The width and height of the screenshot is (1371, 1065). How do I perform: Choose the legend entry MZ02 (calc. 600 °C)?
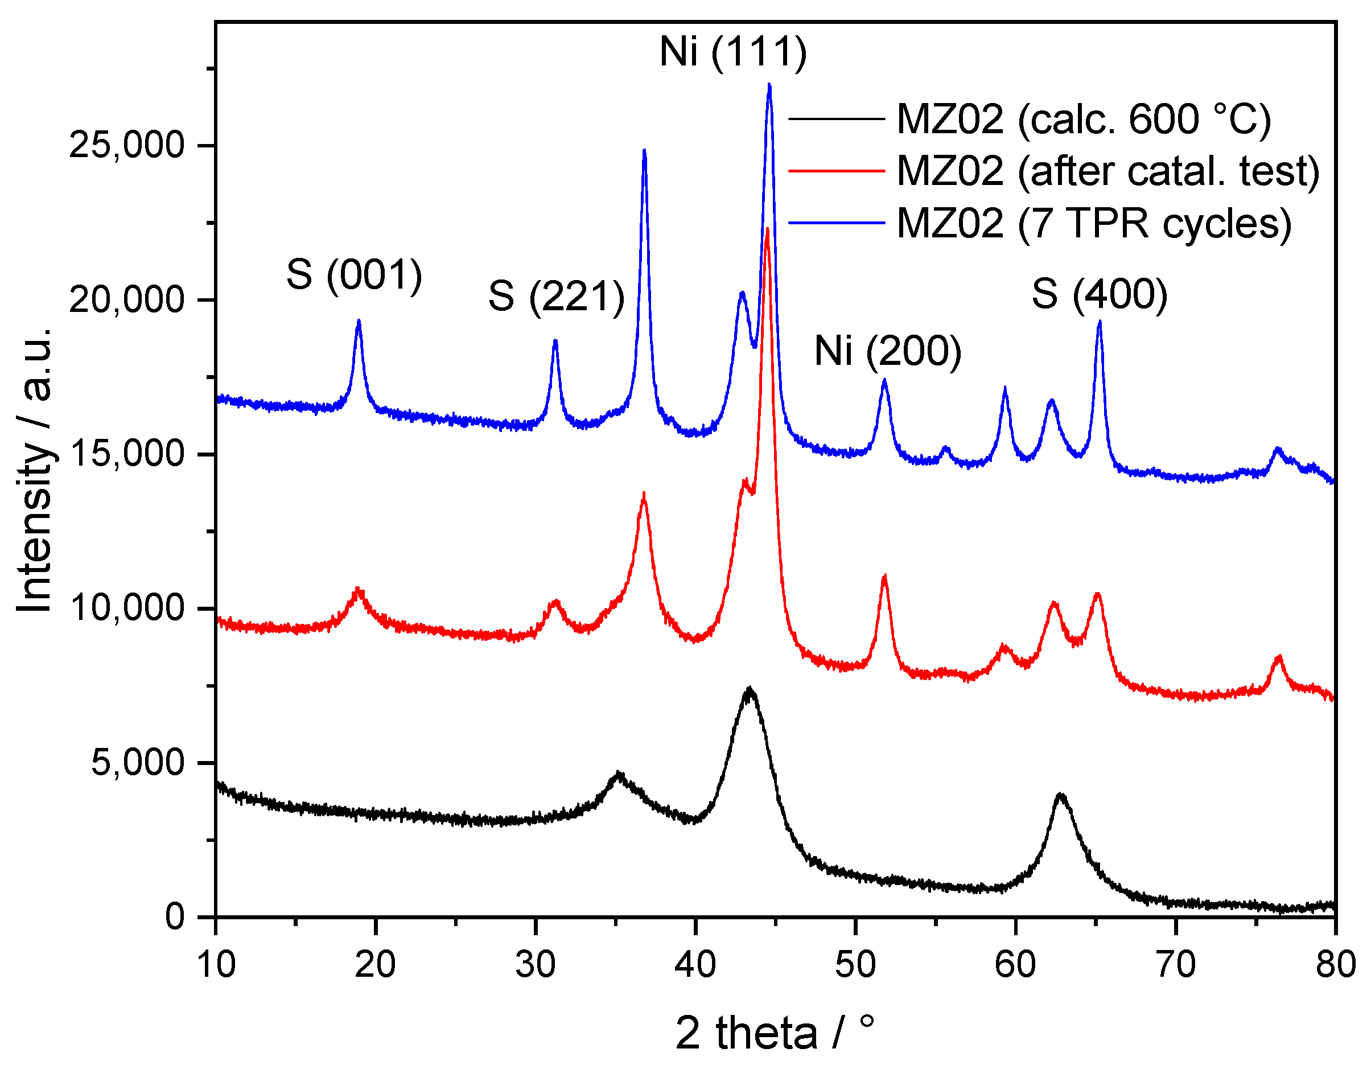(1084, 119)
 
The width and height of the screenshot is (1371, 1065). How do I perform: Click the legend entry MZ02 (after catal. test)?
(1108, 171)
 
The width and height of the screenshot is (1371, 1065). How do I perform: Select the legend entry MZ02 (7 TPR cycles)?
(1093, 223)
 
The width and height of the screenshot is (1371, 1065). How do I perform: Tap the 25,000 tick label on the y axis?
(126, 145)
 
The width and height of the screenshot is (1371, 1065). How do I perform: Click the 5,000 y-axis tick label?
(138, 762)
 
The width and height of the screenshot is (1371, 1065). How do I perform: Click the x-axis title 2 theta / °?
(775, 1033)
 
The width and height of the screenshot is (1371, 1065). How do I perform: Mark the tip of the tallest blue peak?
(769, 85)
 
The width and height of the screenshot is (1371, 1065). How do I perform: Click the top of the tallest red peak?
(767, 229)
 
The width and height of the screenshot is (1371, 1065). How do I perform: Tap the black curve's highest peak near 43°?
(749, 688)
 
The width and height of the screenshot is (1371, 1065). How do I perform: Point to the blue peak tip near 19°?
(359, 321)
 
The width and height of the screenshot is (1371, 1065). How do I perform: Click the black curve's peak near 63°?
(1061, 795)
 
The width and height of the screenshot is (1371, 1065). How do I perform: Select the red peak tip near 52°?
(884, 576)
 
